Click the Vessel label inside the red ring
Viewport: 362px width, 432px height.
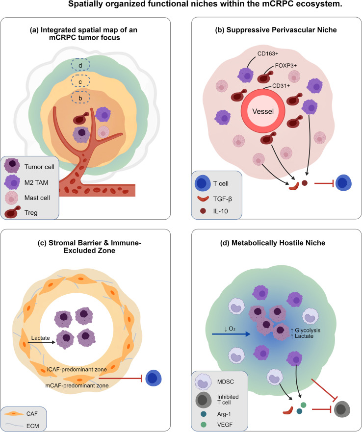click(x=263, y=111)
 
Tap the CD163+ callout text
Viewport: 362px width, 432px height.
click(x=268, y=53)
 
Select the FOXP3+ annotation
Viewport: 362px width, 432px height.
click(x=286, y=66)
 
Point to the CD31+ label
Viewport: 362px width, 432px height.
click(x=281, y=86)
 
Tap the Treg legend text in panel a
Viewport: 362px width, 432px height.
click(x=31, y=213)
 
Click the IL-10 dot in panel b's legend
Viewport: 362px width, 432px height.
click(x=203, y=211)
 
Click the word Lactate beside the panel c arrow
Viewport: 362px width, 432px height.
click(x=41, y=338)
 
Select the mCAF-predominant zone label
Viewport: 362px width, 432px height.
click(x=77, y=385)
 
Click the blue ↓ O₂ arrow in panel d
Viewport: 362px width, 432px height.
click(x=231, y=334)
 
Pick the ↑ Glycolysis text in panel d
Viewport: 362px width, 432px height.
click(x=306, y=330)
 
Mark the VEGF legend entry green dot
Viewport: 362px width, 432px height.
click(x=204, y=425)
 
